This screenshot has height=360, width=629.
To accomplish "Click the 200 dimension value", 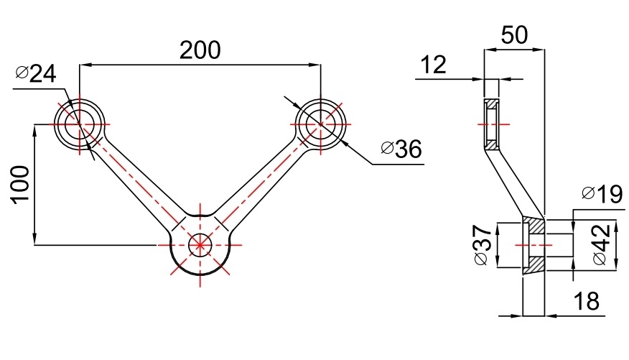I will pyautogui.click(x=200, y=50).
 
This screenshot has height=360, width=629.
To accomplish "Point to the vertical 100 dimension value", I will pyautogui.click(x=20, y=185).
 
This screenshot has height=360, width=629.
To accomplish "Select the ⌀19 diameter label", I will pyautogui.click(x=600, y=194).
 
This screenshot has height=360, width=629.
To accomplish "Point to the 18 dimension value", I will pyautogui.click(x=587, y=302).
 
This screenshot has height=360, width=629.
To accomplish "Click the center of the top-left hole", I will pyautogui.click(x=80, y=124).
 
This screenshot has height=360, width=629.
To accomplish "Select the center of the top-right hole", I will pyautogui.click(x=320, y=124).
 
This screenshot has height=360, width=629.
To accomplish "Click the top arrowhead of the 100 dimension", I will pyautogui.click(x=34, y=129).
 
